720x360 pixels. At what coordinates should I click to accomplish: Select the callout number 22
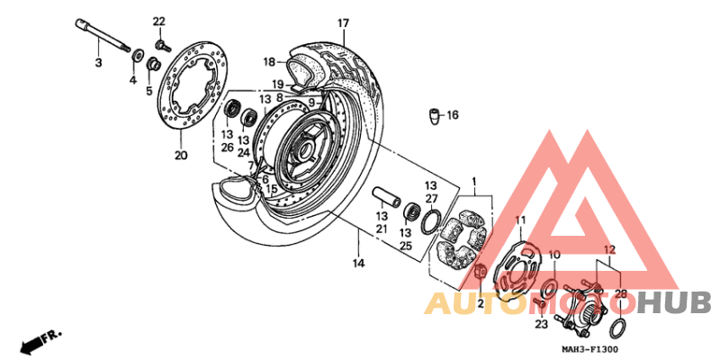click(159, 21)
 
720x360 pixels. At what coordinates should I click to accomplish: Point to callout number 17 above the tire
click(343, 22)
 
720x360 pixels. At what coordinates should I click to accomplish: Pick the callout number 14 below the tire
click(358, 263)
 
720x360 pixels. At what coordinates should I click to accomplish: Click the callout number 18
click(268, 62)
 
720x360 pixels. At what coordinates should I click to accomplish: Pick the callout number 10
click(554, 255)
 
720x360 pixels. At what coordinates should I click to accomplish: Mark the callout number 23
click(541, 324)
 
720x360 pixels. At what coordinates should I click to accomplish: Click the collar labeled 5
click(153, 65)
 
